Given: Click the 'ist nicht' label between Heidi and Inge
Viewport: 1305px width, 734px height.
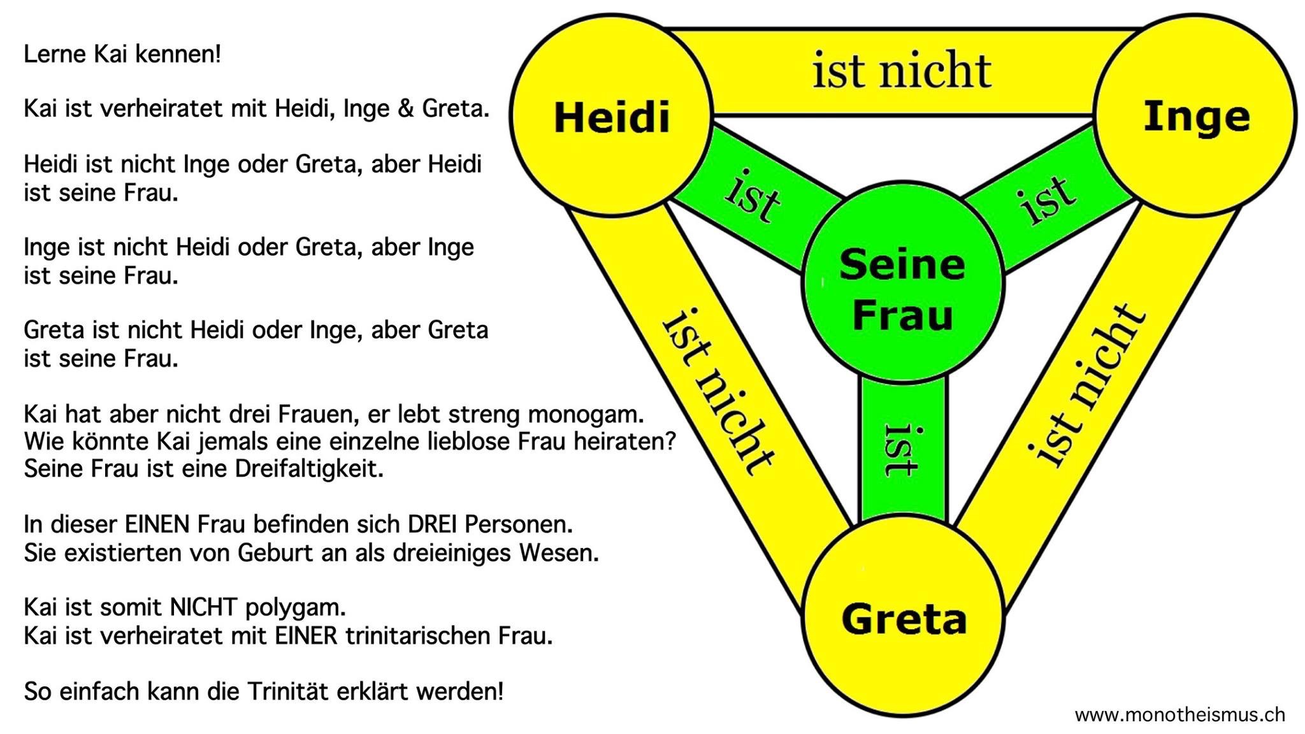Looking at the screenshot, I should point(901,71).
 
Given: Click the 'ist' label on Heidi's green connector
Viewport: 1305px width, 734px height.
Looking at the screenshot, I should point(753,198).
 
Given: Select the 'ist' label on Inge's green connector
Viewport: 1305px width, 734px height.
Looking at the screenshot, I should point(1048,199).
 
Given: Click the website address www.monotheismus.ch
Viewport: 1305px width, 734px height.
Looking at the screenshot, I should point(1179,715).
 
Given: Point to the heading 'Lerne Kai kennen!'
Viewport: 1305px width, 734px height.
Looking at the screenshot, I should point(122,54).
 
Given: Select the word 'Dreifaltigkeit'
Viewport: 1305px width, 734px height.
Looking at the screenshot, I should point(309,468).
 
